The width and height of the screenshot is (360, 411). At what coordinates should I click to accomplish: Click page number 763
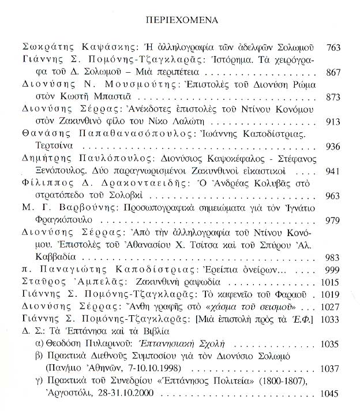point(334,47)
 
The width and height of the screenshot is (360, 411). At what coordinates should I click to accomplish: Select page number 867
point(334,73)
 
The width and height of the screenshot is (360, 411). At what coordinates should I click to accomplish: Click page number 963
point(334,196)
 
